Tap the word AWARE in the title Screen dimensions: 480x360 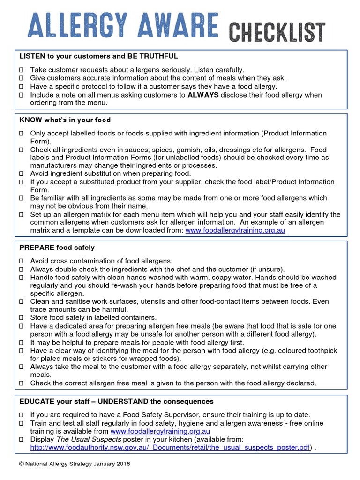[x=183, y=26]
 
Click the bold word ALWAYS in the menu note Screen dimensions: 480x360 [x=203, y=95]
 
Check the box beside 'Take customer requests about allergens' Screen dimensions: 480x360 [x=22, y=70]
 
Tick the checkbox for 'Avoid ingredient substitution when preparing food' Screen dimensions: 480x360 [x=22, y=174]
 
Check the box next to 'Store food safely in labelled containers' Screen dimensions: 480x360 [x=22, y=318]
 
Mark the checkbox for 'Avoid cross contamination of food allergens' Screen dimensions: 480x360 [x=22, y=261]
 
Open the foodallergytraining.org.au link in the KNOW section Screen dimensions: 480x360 [x=235, y=231]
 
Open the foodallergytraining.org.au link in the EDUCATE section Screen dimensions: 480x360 [x=160, y=431]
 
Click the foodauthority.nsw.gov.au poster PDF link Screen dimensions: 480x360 [x=170, y=448]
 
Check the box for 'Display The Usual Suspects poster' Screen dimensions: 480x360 [x=22, y=439]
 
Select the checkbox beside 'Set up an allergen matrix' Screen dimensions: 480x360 [x=22, y=215]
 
